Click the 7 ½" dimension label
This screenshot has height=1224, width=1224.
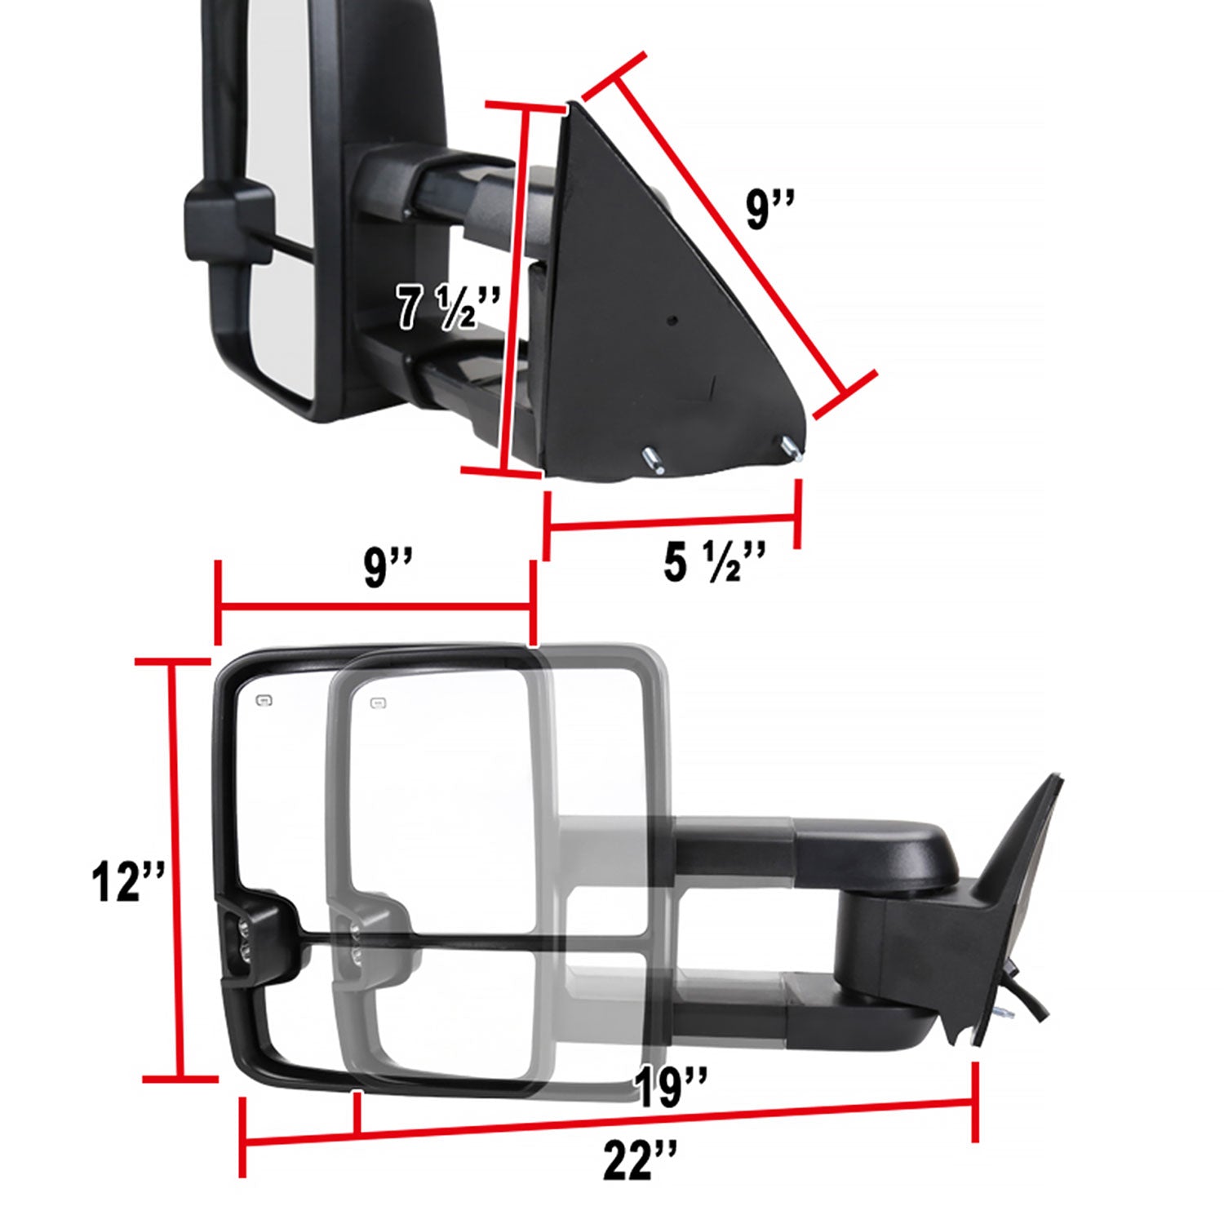(x=447, y=306)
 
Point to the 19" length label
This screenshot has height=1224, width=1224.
(x=669, y=1087)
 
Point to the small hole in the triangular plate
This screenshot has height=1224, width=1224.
(x=671, y=321)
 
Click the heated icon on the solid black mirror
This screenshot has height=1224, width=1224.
(x=264, y=700)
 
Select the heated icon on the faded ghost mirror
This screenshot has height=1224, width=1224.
(x=378, y=703)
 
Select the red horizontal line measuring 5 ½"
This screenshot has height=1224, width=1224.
(x=671, y=522)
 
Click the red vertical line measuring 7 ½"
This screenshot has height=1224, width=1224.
(x=516, y=290)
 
